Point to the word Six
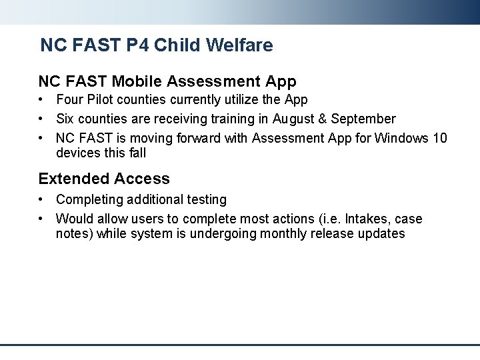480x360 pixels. click(x=66, y=119)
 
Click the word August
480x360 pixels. click(x=294, y=119)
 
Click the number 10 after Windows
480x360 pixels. click(x=440, y=138)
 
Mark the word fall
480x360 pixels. click(x=135, y=153)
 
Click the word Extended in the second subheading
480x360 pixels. click(x=74, y=179)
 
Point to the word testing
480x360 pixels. click(x=205, y=199)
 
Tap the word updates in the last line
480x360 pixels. click(x=381, y=233)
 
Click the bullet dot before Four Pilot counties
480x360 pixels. click(x=41, y=100)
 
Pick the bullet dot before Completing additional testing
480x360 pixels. click(x=41, y=199)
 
